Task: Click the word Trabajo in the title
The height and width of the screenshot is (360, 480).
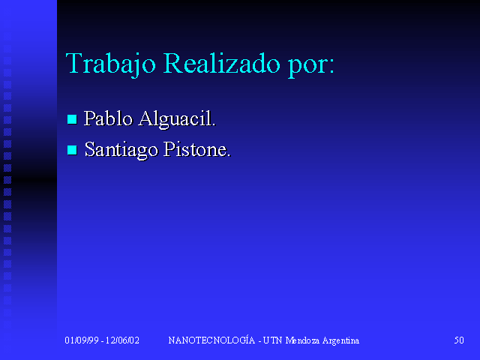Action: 111,64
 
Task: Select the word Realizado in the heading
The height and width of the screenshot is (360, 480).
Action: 222,63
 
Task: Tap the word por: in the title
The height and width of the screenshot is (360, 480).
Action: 310,67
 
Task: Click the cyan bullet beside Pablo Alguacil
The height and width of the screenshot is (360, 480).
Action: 72,119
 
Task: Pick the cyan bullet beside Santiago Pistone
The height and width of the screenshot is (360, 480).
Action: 72,150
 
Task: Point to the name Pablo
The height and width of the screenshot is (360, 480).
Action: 108,118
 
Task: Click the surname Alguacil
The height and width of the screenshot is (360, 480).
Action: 175,119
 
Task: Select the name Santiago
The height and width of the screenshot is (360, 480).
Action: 121,150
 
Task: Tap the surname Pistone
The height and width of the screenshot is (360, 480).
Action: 195,149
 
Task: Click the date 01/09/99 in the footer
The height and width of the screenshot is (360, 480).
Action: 82,340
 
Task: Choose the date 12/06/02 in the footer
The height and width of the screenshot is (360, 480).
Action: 122,340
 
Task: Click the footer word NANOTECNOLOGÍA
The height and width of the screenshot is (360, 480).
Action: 211,340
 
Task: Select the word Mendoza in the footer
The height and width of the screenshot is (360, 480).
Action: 302,340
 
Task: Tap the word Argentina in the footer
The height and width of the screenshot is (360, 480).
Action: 340,341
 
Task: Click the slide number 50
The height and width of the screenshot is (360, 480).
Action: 459,340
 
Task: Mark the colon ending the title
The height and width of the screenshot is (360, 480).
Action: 331,67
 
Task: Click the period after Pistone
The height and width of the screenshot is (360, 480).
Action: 228,156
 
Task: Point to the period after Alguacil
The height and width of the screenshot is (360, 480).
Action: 214,125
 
